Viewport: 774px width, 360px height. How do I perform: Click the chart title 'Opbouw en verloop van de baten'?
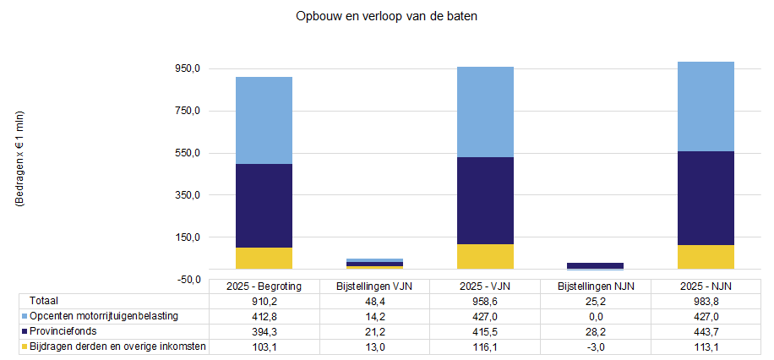pos(387,17)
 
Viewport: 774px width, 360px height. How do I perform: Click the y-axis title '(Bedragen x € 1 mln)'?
pos(19,160)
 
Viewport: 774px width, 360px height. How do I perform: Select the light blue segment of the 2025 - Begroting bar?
pos(264,120)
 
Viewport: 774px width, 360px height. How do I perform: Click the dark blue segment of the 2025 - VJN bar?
pos(485,200)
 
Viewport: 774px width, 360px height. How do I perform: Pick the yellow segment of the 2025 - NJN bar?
pos(706,257)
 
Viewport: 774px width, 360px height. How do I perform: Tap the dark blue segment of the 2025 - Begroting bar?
pos(264,205)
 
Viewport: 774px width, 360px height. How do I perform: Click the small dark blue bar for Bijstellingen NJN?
pos(595,265)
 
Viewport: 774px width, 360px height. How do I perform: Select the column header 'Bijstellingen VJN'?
pos(374,286)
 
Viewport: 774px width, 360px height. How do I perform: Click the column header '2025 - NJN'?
pos(706,286)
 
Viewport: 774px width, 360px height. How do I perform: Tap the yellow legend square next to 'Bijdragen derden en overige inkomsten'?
pos(24,346)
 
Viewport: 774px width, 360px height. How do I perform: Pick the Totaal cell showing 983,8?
pos(706,300)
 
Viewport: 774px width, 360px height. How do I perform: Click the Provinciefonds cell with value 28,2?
pos(595,331)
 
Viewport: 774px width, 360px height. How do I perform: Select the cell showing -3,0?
pos(595,346)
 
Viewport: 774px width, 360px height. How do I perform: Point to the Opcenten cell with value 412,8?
pos(264,316)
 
